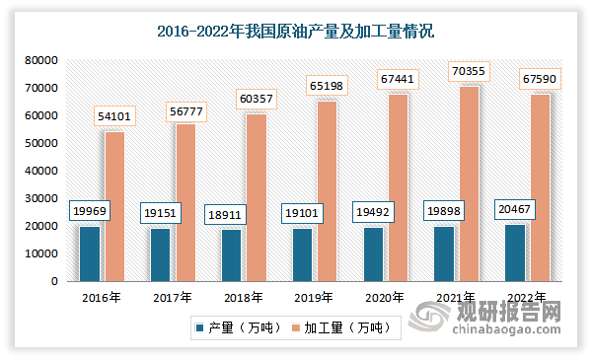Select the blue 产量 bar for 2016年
(x=89, y=253)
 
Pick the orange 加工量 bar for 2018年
(x=257, y=197)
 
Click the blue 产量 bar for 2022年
(x=515, y=252)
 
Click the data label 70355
(x=470, y=71)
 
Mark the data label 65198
(x=328, y=87)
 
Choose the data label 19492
(x=373, y=211)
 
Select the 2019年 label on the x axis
(x=314, y=297)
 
